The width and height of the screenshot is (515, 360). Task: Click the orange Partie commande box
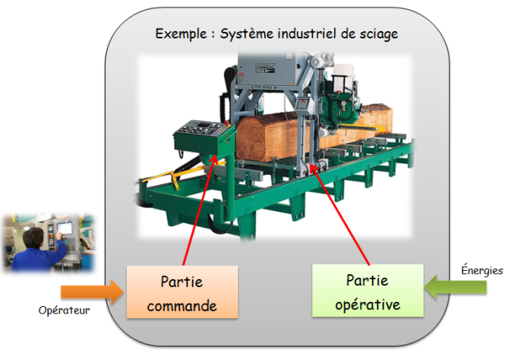(x=181, y=291)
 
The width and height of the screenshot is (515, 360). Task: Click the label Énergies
(x=483, y=270)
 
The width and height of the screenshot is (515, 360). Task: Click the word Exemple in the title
(x=178, y=34)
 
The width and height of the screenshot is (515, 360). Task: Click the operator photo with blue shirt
(x=48, y=243)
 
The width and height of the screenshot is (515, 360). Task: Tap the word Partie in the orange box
(x=181, y=281)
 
